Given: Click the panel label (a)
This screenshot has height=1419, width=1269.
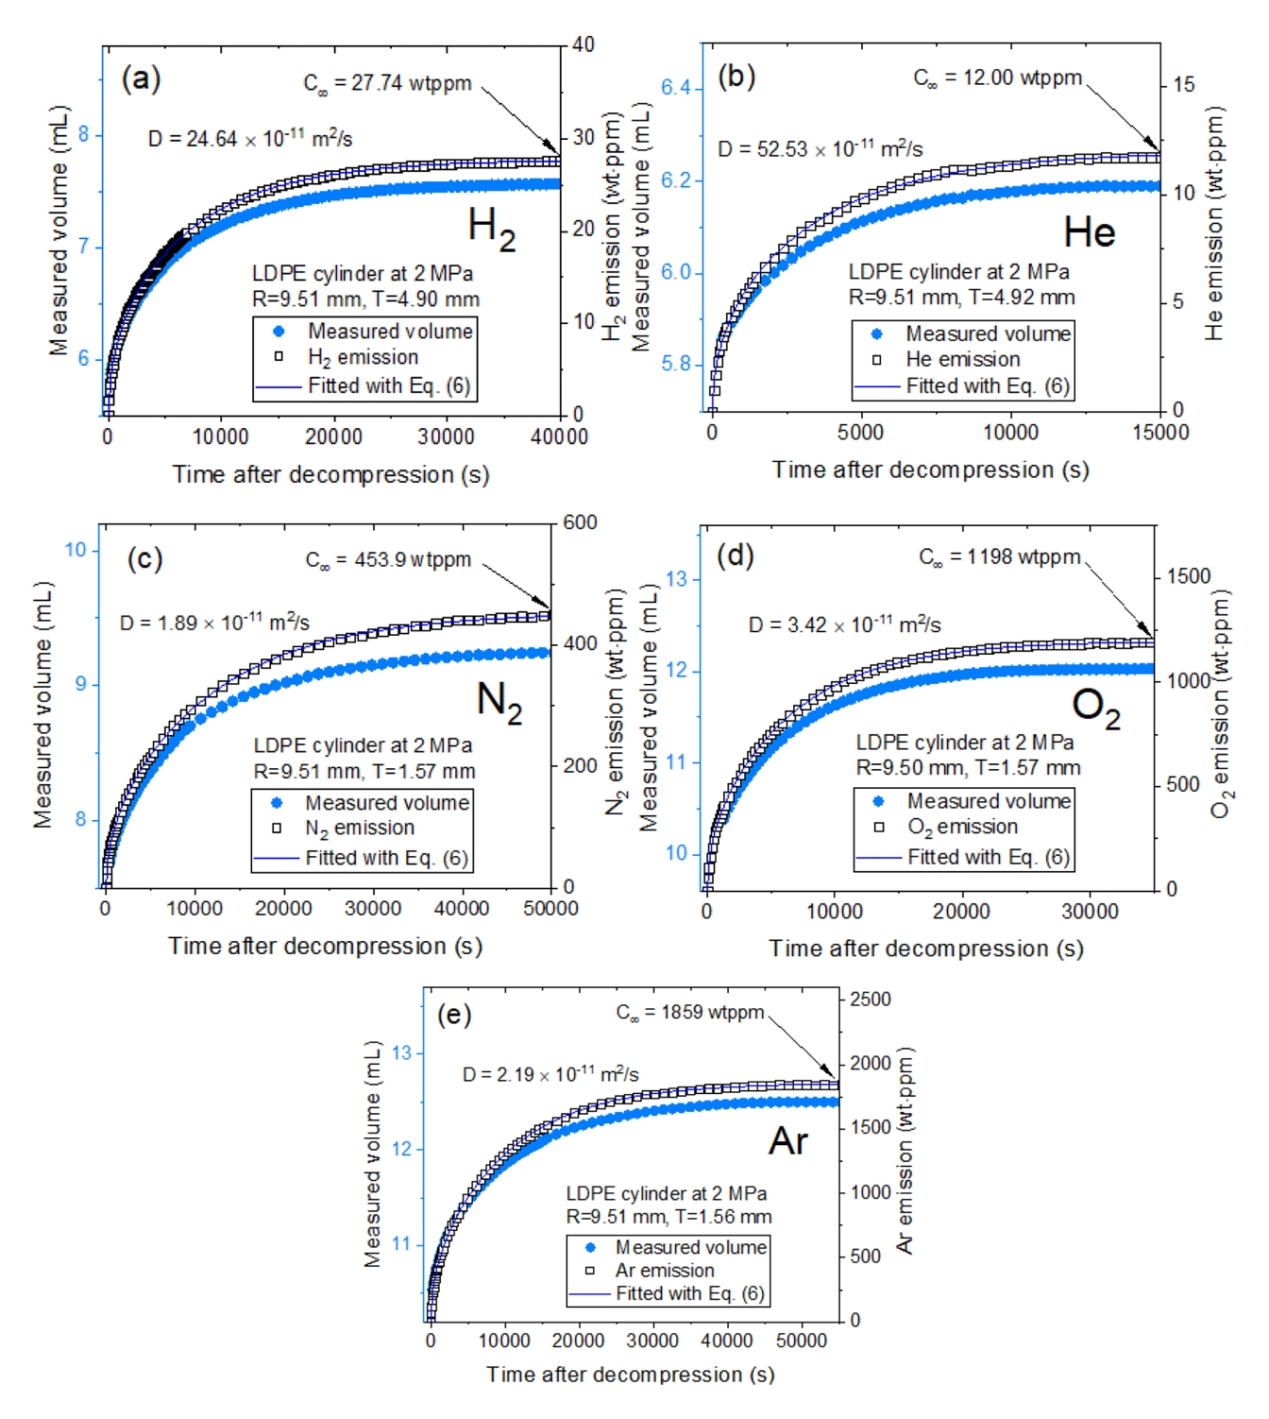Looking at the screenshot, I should point(141,78).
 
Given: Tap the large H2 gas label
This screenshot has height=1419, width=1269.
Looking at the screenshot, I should point(491,229).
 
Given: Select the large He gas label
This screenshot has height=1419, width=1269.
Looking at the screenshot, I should point(1089,232).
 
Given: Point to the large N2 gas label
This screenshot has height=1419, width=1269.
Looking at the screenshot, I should point(499,702).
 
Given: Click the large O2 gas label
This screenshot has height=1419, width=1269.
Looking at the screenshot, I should point(1095,708).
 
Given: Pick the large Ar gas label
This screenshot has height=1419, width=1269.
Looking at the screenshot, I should point(788,1141).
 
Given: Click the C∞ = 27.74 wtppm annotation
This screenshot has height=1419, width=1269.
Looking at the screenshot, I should point(387,83).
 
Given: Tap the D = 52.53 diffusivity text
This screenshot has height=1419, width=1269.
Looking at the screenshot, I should point(820,148).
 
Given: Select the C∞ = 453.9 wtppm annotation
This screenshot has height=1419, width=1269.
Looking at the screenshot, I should point(388,560).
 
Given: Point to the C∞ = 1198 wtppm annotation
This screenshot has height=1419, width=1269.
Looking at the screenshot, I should point(1000,557).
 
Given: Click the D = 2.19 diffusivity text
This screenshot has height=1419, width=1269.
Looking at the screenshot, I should point(550,1074).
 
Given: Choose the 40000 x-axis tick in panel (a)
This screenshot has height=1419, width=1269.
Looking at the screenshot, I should point(559,436).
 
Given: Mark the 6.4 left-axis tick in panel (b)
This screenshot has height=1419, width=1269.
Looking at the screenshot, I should point(677,88).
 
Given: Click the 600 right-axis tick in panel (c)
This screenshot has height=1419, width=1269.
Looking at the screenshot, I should point(580,522).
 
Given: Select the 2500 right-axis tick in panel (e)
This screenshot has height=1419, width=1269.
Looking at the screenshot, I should point(870,999).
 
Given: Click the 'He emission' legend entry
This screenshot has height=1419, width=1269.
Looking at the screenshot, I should point(962,359).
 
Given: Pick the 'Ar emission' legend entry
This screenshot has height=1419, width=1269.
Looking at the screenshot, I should point(664,1271).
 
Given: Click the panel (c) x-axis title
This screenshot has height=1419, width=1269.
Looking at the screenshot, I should point(325,946).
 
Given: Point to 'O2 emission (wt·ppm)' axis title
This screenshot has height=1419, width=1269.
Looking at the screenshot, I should point(1222,704).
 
